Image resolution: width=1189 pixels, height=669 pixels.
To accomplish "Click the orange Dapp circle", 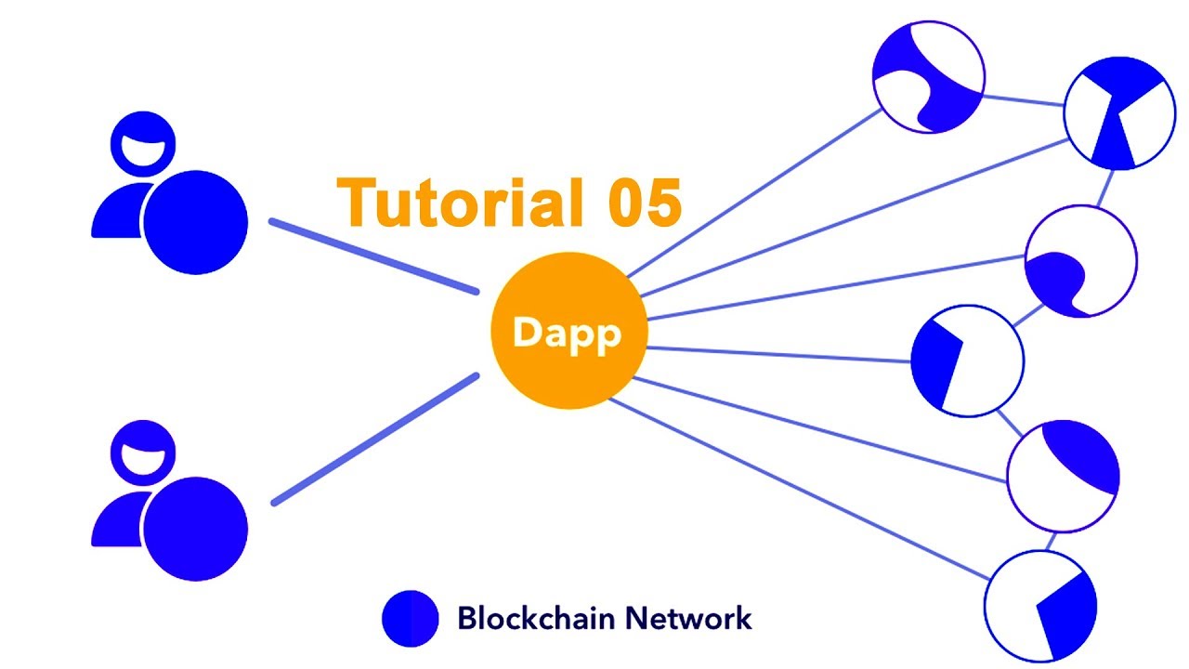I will point(568,332).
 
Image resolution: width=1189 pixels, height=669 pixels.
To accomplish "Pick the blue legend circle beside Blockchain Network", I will point(410,618).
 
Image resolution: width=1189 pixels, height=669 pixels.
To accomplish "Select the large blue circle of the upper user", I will point(195,223).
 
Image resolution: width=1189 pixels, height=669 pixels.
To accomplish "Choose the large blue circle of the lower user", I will point(195,529).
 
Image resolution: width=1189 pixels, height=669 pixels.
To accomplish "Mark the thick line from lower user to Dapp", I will point(374,439).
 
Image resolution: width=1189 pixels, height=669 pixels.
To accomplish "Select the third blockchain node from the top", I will point(1080,262).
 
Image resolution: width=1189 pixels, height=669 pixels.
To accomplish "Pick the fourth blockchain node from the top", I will point(967,360).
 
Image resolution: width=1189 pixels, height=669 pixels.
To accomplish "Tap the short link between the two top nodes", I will point(1023,98).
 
